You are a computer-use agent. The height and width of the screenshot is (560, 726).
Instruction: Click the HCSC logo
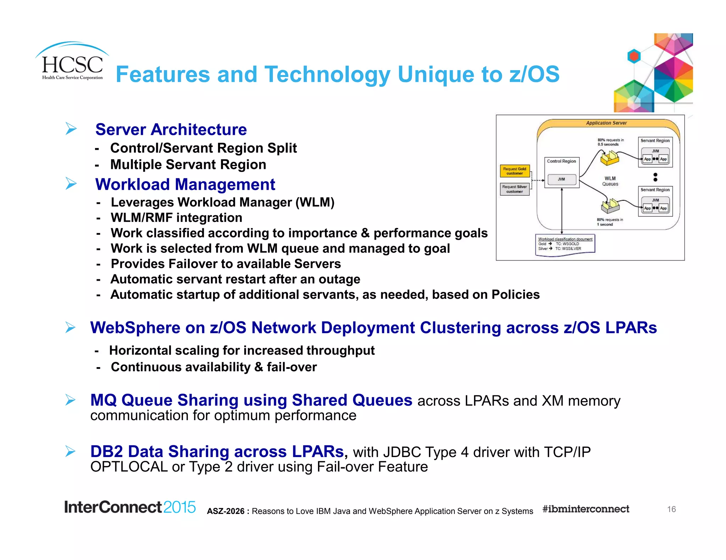click(x=72, y=64)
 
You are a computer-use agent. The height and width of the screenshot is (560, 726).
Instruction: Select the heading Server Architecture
click(x=171, y=130)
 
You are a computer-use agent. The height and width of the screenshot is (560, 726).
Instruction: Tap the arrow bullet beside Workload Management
click(x=71, y=183)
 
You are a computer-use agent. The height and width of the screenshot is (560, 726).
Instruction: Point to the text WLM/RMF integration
click(x=177, y=218)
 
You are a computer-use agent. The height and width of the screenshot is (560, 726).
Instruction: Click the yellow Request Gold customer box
click(x=514, y=171)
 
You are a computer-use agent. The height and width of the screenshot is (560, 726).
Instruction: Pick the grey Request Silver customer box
click(x=514, y=189)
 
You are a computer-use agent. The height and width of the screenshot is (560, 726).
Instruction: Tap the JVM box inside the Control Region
click(x=561, y=179)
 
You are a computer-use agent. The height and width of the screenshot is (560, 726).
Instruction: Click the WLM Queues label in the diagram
click(x=610, y=181)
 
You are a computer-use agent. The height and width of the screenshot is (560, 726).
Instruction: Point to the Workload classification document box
click(x=565, y=244)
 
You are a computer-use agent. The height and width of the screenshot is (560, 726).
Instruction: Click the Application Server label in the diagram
click(x=606, y=123)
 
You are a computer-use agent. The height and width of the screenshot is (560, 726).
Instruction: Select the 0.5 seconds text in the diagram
click(x=608, y=144)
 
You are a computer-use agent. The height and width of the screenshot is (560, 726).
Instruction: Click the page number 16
click(x=671, y=509)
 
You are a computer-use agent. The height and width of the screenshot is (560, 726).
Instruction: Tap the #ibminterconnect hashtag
click(x=586, y=509)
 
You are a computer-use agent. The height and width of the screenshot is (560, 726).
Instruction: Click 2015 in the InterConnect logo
click(x=179, y=507)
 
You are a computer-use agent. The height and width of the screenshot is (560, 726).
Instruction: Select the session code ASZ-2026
click(x=226, y=511)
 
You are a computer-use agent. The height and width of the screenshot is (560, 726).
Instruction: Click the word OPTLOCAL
click(x=129, y=467)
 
